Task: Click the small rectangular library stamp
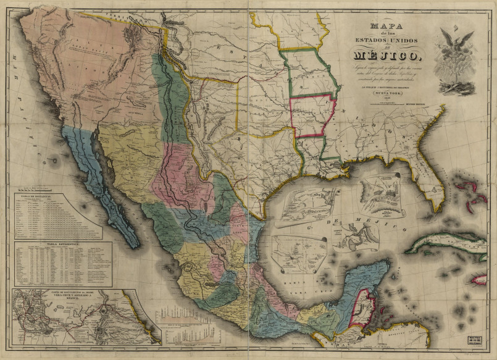tap(474, 339)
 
